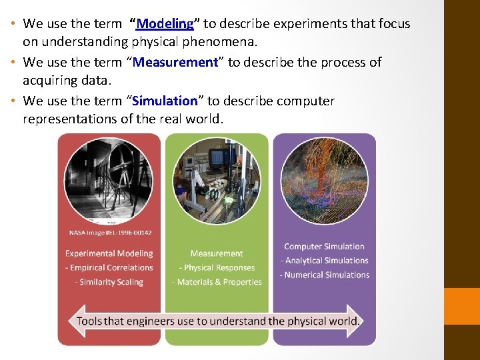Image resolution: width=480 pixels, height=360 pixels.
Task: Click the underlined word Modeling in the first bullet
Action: (165, 24)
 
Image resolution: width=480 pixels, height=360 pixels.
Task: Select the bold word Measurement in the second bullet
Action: (176, 62)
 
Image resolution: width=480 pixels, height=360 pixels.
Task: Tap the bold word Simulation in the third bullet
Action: (165, 101)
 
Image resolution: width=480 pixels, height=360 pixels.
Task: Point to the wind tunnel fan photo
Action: (109, 180)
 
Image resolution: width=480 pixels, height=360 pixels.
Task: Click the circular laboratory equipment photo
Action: (217, 180)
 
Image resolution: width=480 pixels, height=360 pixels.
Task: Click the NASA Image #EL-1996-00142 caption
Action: (110, 233)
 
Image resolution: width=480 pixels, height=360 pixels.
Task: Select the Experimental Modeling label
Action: (109, 253)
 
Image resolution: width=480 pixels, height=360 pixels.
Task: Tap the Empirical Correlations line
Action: (109, 267)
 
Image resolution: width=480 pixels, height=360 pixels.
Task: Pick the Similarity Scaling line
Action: (109, 282)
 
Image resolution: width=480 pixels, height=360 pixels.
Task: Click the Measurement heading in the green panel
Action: (217, 253)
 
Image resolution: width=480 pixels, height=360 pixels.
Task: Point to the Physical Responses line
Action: (217, 267)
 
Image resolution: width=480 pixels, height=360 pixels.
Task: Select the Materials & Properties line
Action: (217, 282)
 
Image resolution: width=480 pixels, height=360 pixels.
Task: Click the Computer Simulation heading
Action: (325, 247)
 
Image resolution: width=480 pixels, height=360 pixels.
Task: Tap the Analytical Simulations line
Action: (325, 261)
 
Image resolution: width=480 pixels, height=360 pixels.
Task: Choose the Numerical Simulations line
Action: (325, 275)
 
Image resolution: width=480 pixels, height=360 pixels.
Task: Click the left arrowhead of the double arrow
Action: (75, 321)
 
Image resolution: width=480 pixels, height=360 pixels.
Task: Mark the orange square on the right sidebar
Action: (462, 306)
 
